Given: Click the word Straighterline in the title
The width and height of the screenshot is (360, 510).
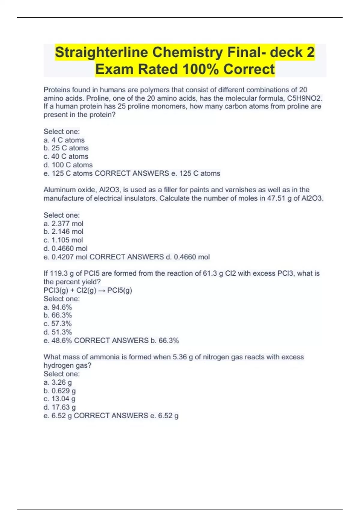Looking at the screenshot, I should point(101,52).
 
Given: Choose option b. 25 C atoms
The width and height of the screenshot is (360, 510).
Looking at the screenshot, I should point(66,148).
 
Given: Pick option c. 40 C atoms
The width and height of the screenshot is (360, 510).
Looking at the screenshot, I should point(66,156).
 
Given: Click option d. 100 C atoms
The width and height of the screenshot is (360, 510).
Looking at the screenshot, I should point(68,165).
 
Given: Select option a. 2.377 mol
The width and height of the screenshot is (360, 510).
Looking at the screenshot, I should point(63,223).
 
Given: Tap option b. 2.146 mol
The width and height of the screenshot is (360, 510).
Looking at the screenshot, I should point(63,232).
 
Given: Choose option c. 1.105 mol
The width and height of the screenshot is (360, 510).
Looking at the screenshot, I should point(63,240).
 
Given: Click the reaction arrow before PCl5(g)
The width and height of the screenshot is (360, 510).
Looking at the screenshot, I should point(102,290).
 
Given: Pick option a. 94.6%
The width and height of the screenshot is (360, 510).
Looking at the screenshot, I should point(58,307).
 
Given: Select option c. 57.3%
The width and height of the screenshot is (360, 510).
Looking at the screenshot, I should point(58,324).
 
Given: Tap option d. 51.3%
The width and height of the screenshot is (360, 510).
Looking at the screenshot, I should point(58,332).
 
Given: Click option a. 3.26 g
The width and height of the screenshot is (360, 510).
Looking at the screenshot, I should point(58,382).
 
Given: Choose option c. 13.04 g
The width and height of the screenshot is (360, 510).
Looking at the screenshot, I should point(59,399).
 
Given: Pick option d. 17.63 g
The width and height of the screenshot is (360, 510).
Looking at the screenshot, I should point(60,407).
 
